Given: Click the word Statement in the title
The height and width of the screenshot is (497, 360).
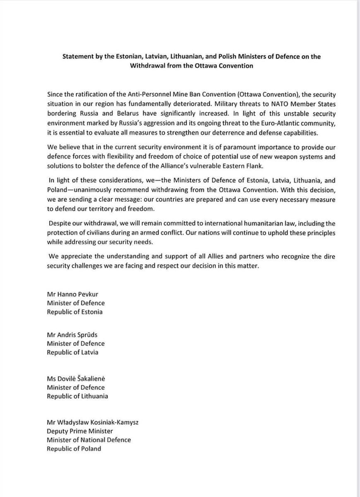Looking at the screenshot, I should (77, 56).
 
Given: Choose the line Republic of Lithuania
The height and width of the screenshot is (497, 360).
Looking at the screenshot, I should (77, 396).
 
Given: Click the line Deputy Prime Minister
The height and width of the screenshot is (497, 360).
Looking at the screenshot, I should (80, 431).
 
